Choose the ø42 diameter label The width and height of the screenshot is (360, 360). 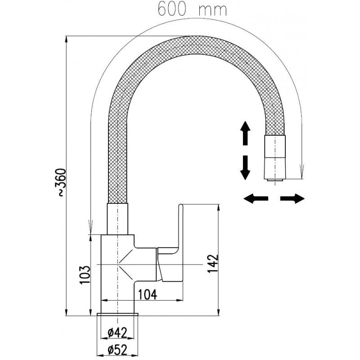(118, 333)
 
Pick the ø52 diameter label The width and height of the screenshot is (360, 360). (118, 349)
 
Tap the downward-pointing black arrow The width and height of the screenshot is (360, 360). (245, 167)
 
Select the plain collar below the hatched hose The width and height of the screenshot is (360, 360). (118, 219)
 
